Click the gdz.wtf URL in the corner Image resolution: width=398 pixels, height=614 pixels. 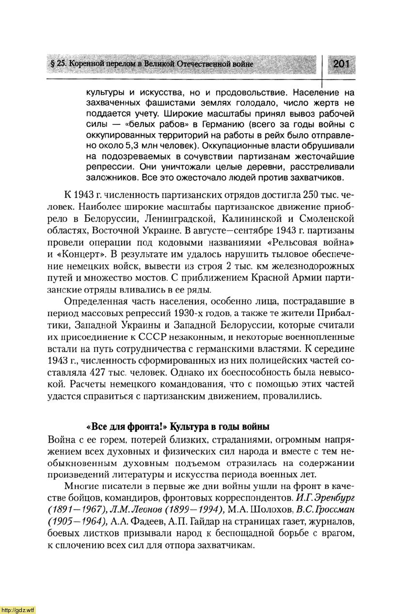tap(17, 609)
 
